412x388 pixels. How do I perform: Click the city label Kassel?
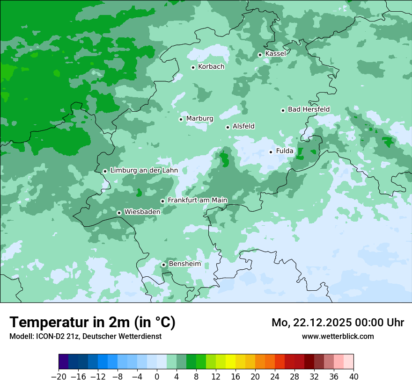point(275,54)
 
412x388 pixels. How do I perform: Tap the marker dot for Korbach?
point(193,67)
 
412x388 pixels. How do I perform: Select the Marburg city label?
point(199,119)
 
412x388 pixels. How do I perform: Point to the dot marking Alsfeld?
point(228,127)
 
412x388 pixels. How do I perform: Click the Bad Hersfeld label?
point(309,109)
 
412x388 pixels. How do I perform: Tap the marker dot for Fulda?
point(271,152)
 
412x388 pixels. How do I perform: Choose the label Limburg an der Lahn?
point(144,171)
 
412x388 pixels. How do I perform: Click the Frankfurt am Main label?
point(197,200)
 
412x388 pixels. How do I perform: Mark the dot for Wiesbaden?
point(119,213)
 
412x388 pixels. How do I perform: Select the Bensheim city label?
point(184,264)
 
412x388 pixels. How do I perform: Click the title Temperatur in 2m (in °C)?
point(92,322)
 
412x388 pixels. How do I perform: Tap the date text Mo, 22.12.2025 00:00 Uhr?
point(338,323)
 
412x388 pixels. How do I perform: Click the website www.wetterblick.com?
point(338,336)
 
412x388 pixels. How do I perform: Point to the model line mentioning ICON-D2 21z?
point(85,336)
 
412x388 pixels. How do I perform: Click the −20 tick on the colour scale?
point(59,377)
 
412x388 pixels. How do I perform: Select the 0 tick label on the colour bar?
point(157,377)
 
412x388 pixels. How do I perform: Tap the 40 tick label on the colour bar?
point(353,377)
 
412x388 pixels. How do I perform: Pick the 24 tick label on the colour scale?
point(275,377)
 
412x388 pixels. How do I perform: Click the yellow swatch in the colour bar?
point(230,362)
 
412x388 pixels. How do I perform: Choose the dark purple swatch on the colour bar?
point(64,362)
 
